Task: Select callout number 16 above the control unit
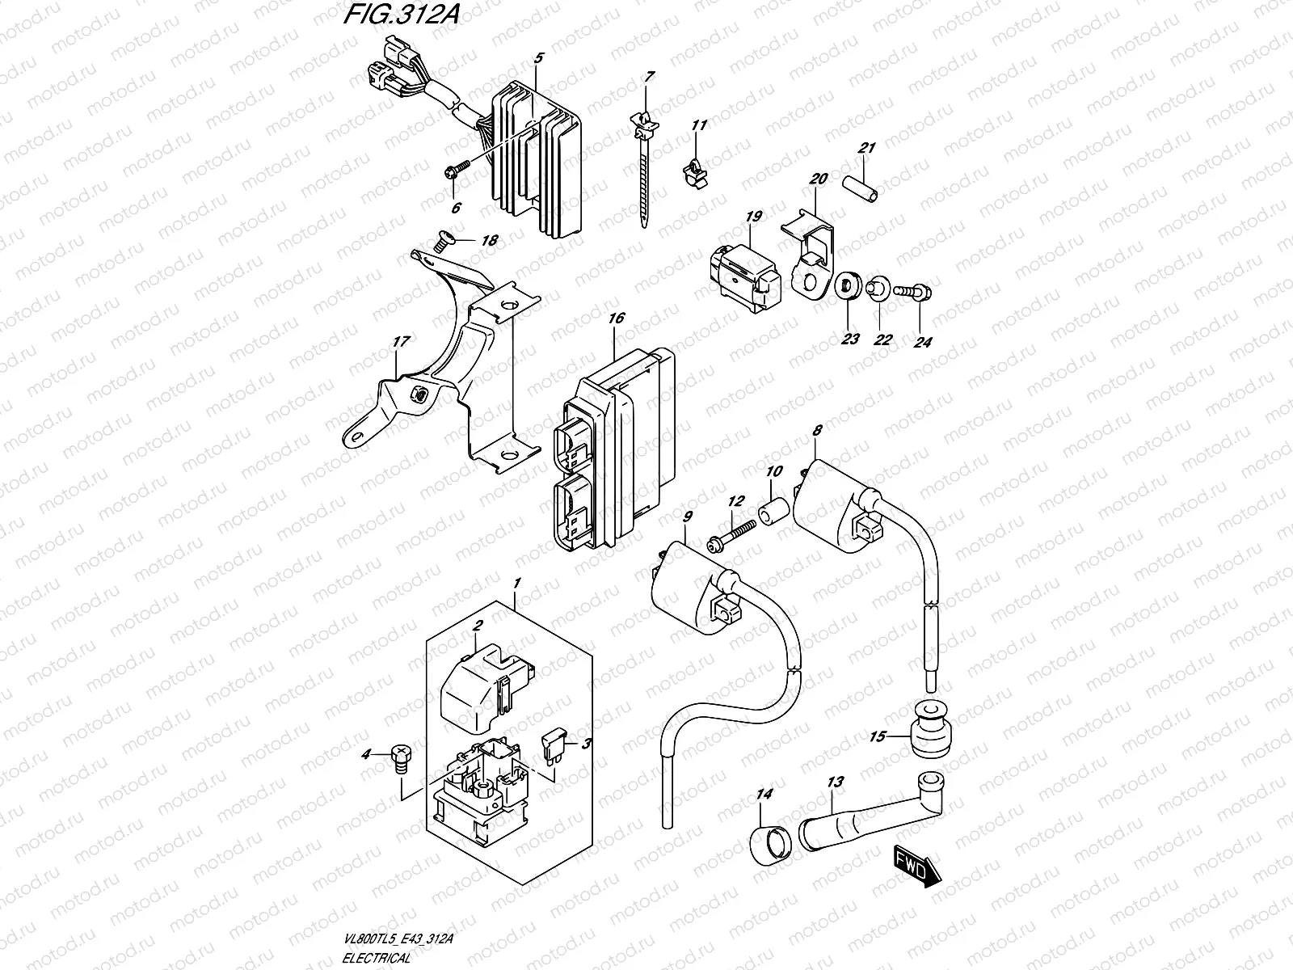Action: [x=616, y=318]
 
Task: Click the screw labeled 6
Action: [x=454, y=171]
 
